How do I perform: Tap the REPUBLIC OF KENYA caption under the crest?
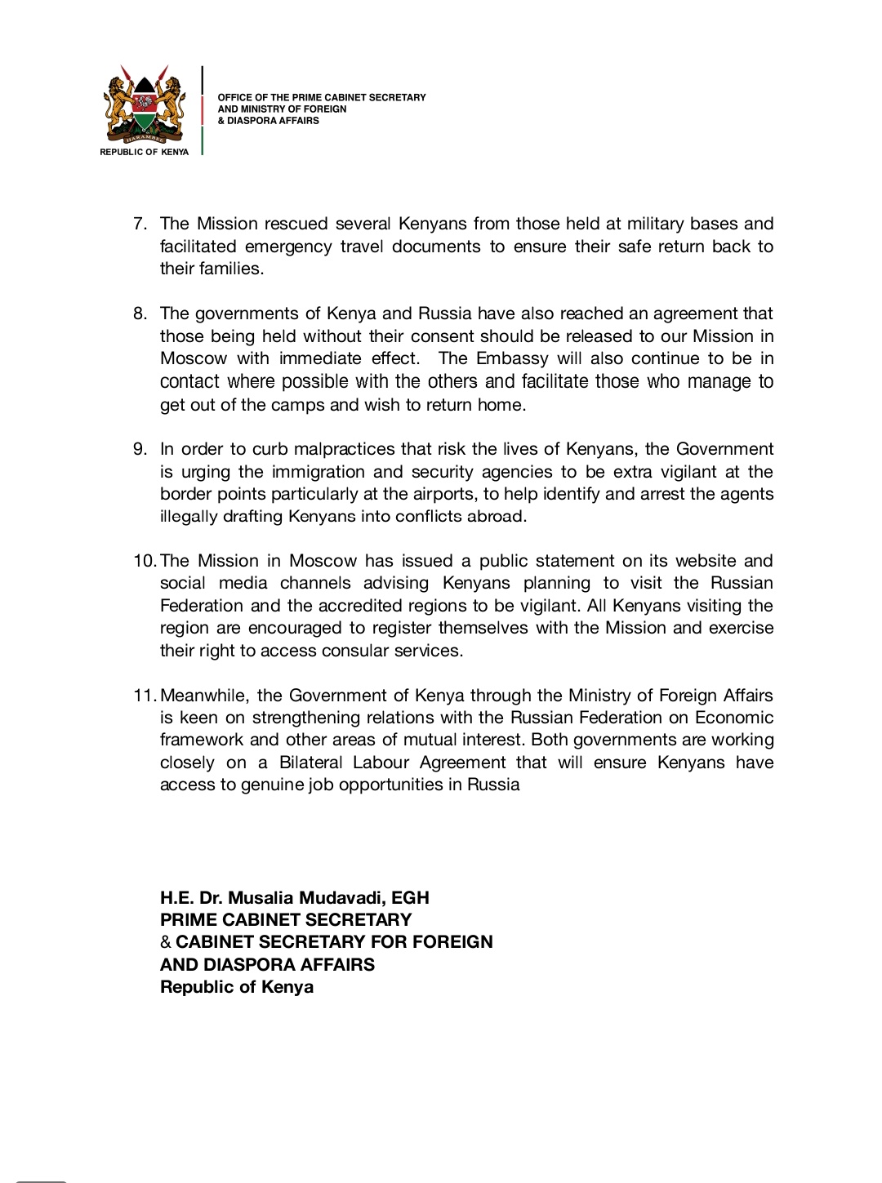point(144,152)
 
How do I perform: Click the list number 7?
point(140,224)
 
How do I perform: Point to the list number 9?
point(140,449)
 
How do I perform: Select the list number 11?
point(144,696)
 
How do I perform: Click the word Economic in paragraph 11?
point(733,718)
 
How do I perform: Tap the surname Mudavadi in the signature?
point(341,898)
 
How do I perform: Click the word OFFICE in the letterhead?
point(232,97)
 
